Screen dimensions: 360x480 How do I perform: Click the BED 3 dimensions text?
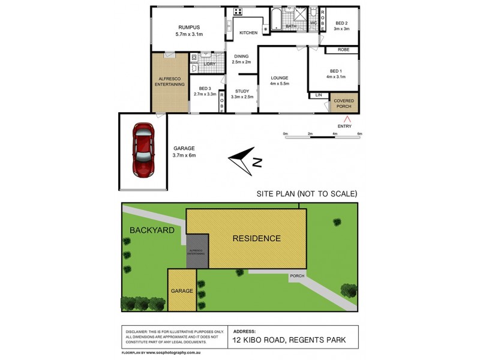tap(205, 94)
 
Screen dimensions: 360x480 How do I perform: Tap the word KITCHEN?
tap(248, 33)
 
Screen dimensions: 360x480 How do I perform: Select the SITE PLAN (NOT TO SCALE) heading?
tap(307, 193)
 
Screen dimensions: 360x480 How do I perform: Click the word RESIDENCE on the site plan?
tap(256, 238)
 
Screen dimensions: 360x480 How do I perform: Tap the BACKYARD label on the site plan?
tap(150, 229)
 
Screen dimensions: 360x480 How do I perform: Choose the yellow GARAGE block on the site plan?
tap(182, 290)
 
